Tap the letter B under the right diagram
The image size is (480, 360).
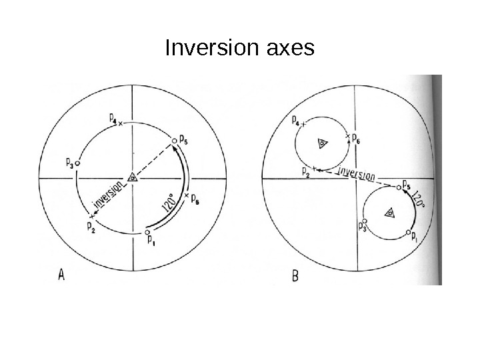coord(297,275)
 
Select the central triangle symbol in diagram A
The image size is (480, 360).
coord(133,177)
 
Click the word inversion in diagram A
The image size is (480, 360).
coord(107,197)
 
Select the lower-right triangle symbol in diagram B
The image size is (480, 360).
coord(390,213)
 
